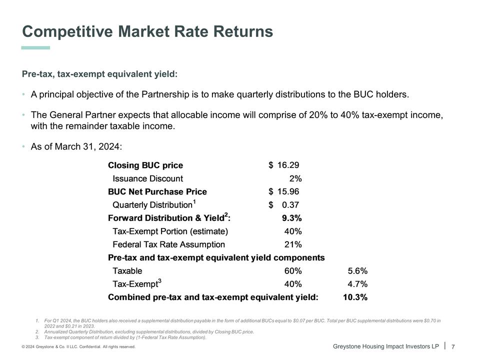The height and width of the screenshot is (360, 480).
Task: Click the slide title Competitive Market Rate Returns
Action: [x=147, y=32]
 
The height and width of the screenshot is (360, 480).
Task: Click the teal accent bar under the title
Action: [x=35, y=48]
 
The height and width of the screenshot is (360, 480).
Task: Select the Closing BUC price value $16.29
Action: [x=284, y=165]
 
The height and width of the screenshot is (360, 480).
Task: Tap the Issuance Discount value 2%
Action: [x=295, y=178]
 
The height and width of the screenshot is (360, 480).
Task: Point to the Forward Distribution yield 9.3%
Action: [x=291, y=218]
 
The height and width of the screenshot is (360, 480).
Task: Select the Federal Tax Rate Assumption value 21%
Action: [x=293, y=244]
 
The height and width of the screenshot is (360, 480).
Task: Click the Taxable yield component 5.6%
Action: [x=357, y=271]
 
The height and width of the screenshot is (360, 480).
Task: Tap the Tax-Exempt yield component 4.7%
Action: [x=357, y=284]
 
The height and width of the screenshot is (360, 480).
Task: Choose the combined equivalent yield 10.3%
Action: [x=355, y=297]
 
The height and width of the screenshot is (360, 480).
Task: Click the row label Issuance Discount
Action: [x=147, y=178]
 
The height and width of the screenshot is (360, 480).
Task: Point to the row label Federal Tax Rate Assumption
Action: [x=168, y=244]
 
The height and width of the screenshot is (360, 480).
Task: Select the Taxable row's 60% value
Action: [x=293, y=271]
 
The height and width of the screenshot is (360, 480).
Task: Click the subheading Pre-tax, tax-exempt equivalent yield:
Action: [x=100, y=74]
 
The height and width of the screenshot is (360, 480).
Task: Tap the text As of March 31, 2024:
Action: [x=76, y=146]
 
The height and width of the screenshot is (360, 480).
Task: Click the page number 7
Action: [x=453, y=347]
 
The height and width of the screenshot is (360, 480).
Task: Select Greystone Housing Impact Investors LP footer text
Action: [x=385, y=346]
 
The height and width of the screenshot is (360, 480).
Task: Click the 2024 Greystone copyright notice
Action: [x=78, y=347]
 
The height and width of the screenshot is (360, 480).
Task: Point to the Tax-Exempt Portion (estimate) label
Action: [x=170, y=231]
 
